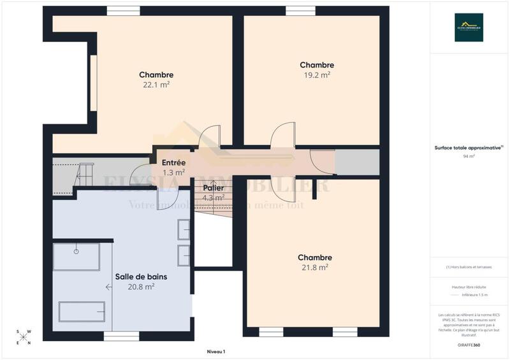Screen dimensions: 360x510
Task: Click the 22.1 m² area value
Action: tap(156, 84)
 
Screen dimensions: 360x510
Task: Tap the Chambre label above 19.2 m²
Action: tap(317, 65)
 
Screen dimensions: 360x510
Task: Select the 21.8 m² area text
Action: tap(315, 268)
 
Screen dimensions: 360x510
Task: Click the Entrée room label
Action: tap(173, 162)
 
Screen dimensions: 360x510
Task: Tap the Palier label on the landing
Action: tap(214, 188)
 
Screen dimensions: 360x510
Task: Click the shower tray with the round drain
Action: tap(76, 256)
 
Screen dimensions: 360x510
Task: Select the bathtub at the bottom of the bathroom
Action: tap(82, 312)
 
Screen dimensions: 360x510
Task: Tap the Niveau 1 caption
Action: tap(216, 352)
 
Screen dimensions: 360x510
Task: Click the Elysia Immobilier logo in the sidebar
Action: tap(469, 27)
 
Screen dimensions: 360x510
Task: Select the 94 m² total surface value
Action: tap(469, 155)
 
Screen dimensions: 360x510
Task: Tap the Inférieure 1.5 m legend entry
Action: tap(474, 295)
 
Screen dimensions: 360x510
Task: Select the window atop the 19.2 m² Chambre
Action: tap(300, 11)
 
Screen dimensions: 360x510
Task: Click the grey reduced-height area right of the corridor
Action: tap(356, 163)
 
